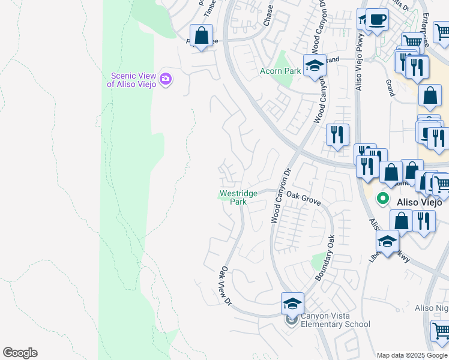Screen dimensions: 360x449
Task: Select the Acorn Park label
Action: point(280,71)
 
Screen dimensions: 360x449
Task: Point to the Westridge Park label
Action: point(238,197)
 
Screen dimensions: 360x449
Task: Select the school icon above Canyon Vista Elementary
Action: point(292,304)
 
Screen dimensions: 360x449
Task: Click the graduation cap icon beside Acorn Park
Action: point(314,65)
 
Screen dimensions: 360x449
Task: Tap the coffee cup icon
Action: point(376,19)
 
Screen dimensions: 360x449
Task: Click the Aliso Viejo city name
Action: point(420,202)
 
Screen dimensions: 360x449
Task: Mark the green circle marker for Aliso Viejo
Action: point(382,197)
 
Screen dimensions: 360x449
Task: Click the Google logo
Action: point(20,353)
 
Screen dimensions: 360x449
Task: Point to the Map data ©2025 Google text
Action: point(412,355)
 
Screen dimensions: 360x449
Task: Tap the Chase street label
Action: point(268,15)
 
